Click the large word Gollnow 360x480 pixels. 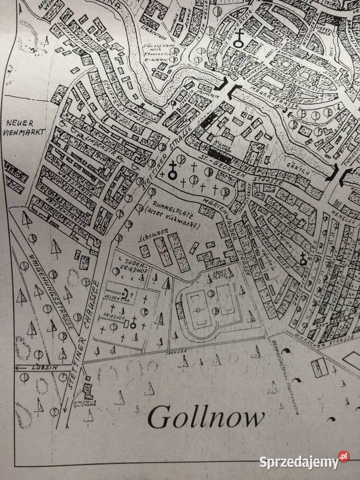pyautogui.click(x=205, y=417)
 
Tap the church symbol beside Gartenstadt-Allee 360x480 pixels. pyautogui.click(x=304, y=260)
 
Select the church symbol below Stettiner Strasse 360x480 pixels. pyautogui.click(x=173, y=172)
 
